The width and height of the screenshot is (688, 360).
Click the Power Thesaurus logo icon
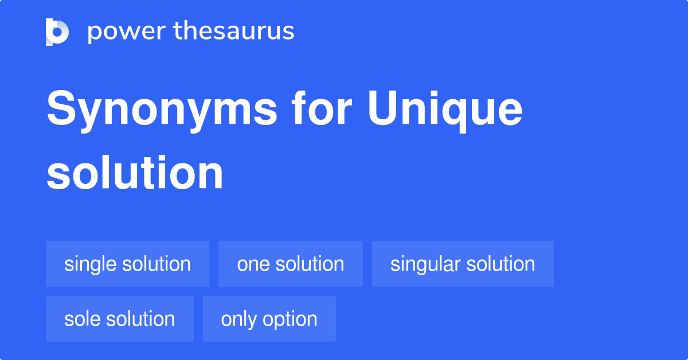coord(57,32)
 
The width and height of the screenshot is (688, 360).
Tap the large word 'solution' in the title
coord(135,173)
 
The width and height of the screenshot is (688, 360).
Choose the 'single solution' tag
coord(127,264)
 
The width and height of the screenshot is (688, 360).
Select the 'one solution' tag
coord(290,264)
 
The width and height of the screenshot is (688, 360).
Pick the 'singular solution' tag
coord(463,264)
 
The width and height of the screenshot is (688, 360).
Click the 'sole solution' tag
coord(119,319)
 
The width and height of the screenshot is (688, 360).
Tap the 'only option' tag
coord(269,319)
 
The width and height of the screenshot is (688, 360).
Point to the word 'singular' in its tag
coord(425,264)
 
